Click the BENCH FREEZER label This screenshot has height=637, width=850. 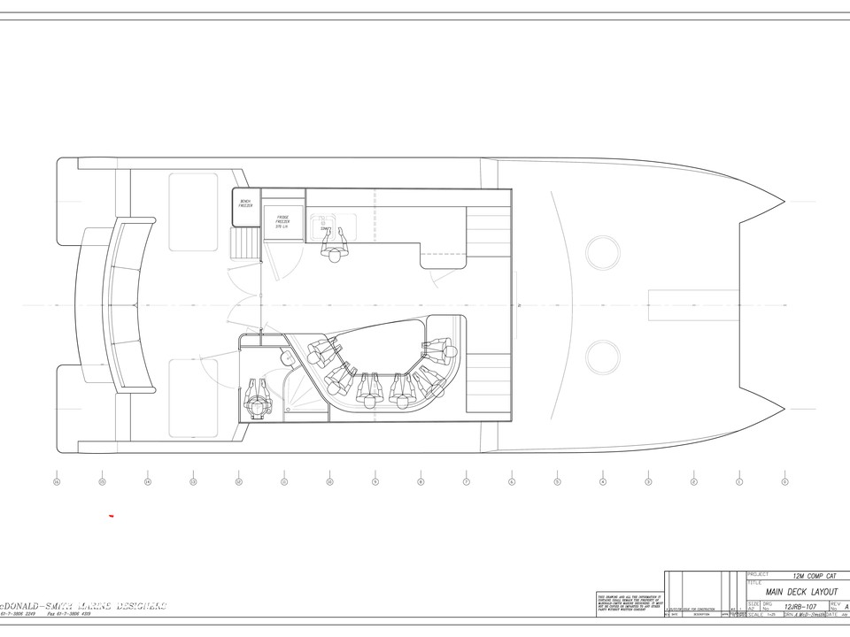245,203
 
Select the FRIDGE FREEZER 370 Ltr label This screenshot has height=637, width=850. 283,221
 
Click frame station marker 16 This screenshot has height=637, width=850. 57,482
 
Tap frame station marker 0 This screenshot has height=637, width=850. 784,482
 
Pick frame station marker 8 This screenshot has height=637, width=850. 421,482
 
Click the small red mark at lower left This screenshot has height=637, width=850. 111,516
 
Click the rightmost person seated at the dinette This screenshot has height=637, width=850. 440,349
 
